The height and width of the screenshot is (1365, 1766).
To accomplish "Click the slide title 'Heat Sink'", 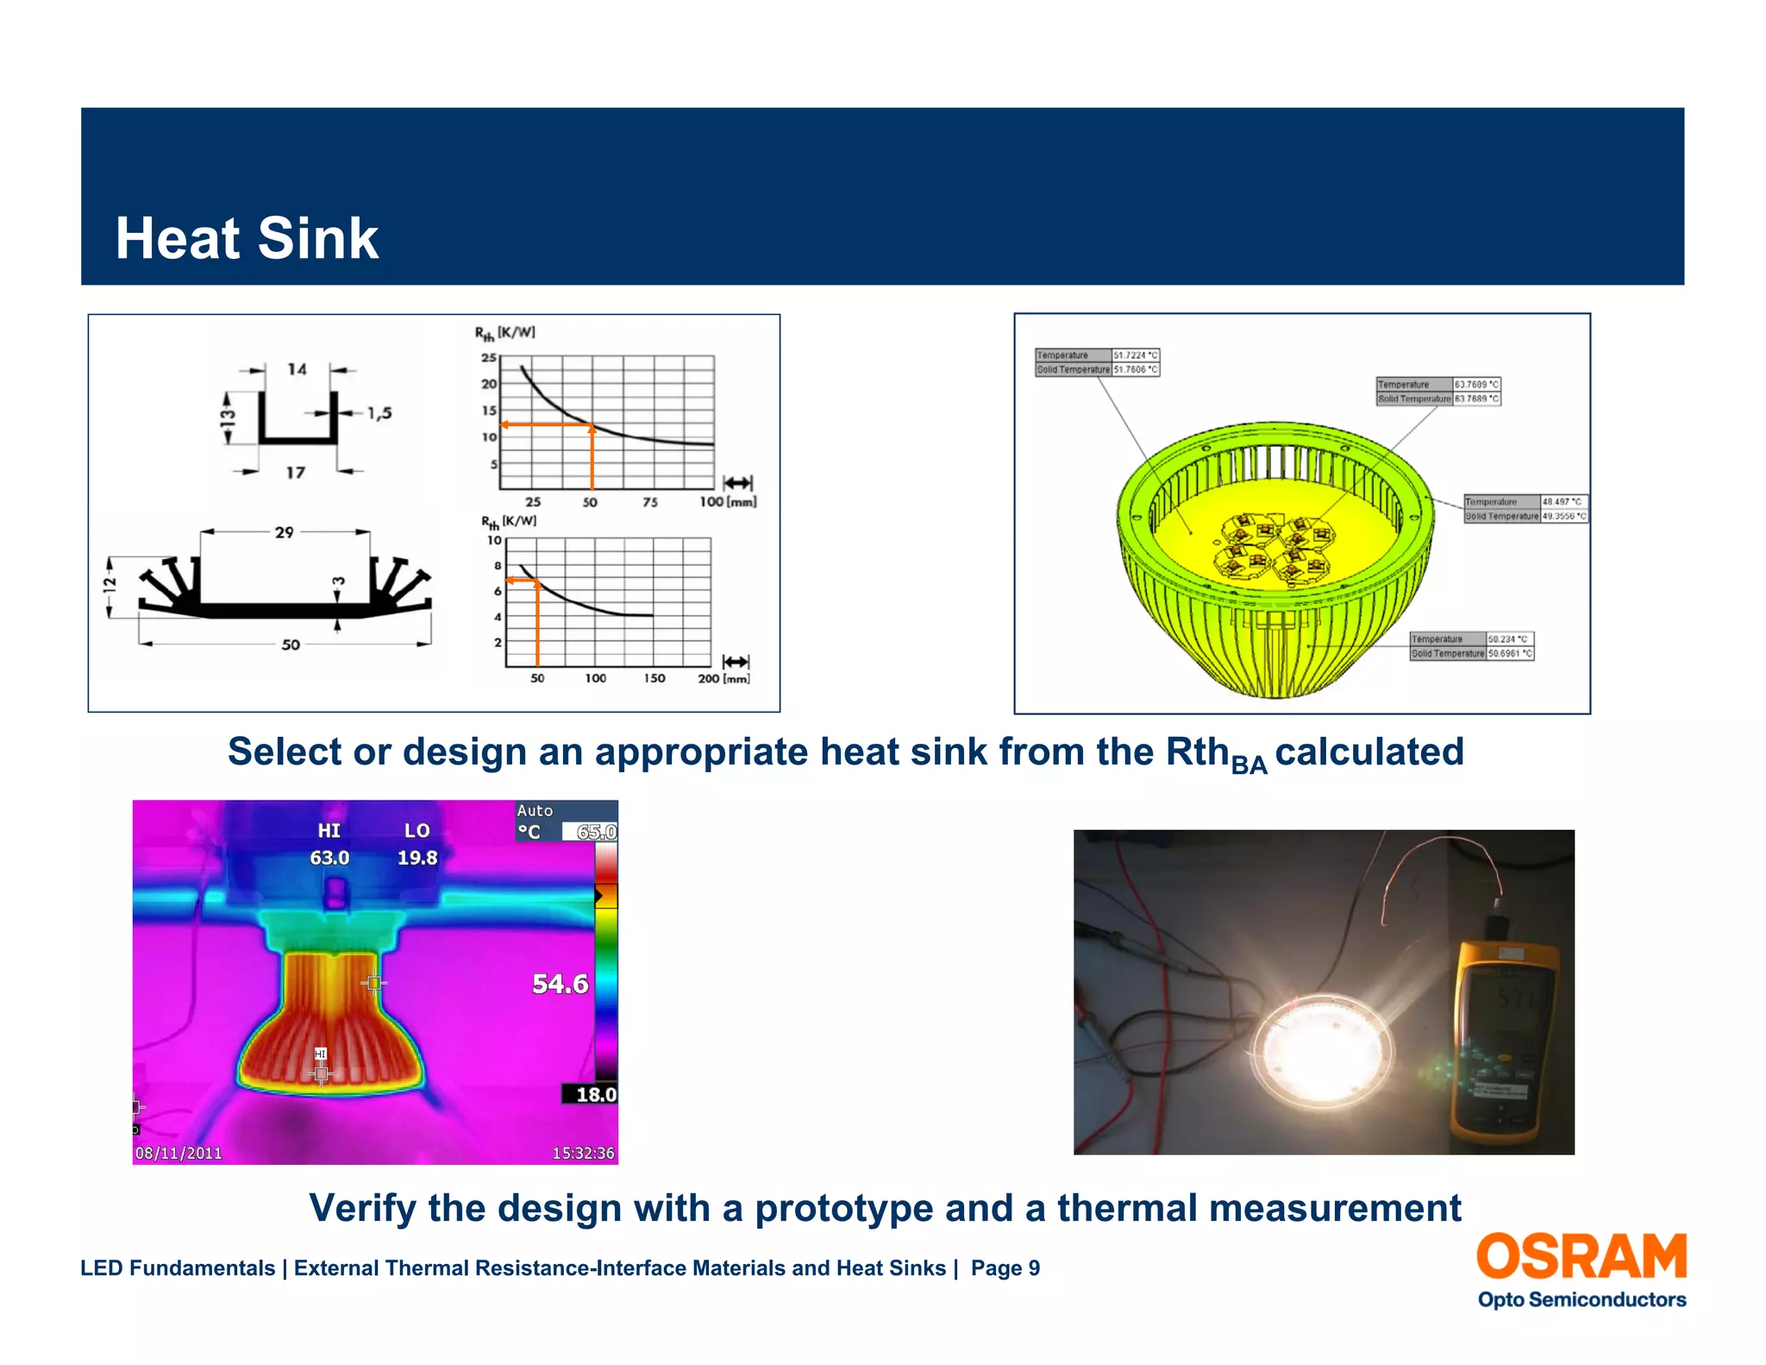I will coord(247,239).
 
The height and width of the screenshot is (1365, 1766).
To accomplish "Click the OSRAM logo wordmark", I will coord(1581,1256).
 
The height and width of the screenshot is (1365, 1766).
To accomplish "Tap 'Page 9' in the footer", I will coord(1005,1267).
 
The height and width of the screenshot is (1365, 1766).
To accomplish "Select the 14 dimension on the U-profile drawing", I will coord(297,369).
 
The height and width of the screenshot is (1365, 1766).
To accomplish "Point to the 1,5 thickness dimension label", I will coord(379,413).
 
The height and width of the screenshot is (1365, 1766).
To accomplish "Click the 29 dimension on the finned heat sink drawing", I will coord(285,532).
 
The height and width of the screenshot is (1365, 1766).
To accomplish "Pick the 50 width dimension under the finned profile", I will coord(291,645).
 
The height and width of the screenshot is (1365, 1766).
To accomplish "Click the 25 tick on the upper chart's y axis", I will coord(489,357).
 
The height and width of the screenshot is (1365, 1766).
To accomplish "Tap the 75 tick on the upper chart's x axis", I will coord(649,502).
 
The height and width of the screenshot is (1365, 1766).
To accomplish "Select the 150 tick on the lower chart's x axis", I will coord(654,678).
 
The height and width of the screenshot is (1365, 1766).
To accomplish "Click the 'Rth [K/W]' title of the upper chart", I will coord(505,333).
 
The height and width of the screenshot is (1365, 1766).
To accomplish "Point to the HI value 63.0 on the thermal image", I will coord(329,858).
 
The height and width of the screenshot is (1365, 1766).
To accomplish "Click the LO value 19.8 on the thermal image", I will coord(417,858).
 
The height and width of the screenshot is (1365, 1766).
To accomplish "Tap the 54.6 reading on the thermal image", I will coord(560,984).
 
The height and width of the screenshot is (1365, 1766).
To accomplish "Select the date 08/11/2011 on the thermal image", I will coord(178,1153).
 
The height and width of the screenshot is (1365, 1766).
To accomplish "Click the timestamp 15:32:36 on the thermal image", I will coord(583,1153).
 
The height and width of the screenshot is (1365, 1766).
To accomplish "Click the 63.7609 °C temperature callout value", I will coord(1476,385).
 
